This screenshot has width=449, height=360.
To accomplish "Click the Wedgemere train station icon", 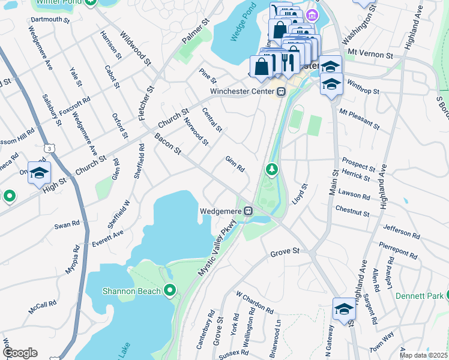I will pyautogui.click(x=247, y=211).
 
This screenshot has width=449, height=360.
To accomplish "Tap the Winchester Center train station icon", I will pyautogui.click(x=280, y=92).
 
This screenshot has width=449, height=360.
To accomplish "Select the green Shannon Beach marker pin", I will pyautogui.click(x=170, y=291).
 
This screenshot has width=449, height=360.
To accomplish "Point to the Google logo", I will pyautogui.click(x=19, y=353).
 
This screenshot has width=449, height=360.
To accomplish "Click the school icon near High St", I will pyautogui.click(x=39, y=174).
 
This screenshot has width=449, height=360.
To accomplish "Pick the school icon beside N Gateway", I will pyautogui.click(x=344, y=310).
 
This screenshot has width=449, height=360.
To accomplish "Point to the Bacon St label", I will pyautogui.click(x=167, y=145).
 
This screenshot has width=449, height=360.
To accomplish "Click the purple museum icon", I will pyautogui.click(x=312, y=15).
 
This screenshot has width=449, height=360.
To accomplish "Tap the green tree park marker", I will pyautogui.click(x=272, y=170).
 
